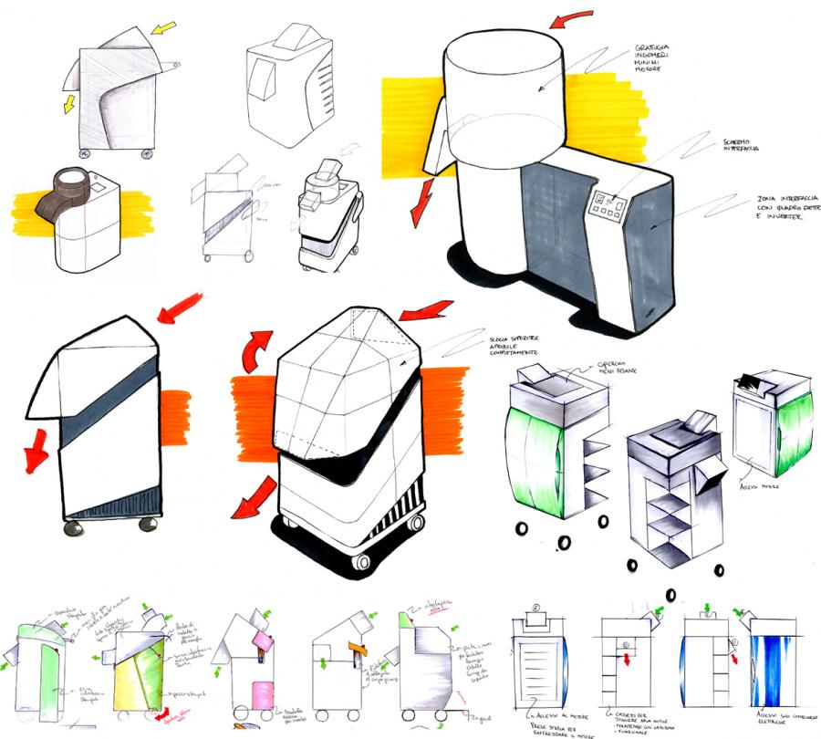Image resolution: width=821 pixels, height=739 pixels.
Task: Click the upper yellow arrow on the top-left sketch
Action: (164, 29)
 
